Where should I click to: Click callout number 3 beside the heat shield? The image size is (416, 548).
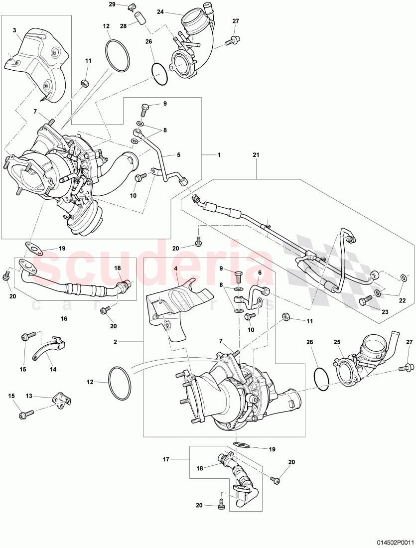pos(15,30)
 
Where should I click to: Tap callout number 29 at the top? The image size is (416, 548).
pos(112,4)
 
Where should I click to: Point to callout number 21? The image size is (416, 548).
pos(256,155)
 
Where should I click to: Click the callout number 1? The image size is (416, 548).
pos(218,154)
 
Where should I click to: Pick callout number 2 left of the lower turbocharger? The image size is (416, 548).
pos(115,342)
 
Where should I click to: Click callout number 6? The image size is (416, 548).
pos(260,273)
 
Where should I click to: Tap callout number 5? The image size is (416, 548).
pos(178,155)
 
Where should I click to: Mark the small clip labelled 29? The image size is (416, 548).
pos(132,6)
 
